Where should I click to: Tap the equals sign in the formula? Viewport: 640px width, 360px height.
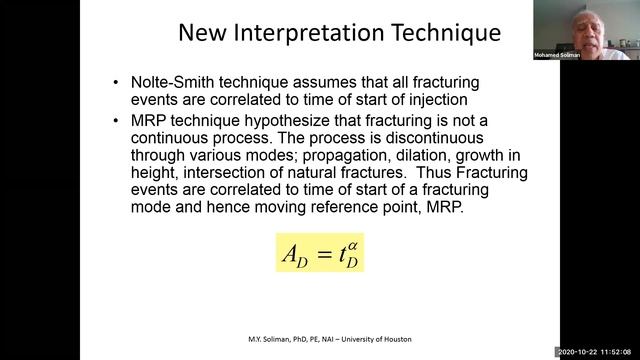317,255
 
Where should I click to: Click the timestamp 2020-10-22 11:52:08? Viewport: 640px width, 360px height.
598,352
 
